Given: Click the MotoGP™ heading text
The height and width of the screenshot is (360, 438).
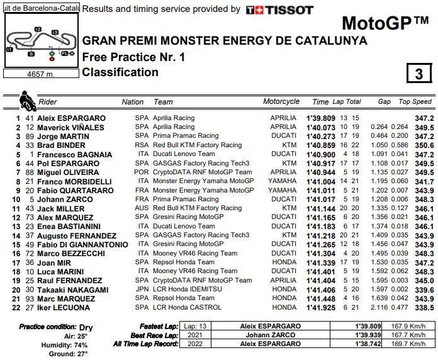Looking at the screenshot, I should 385,24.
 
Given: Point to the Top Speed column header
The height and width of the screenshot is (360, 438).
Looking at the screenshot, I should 415,101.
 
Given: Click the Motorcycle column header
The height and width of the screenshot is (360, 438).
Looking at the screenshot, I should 281,101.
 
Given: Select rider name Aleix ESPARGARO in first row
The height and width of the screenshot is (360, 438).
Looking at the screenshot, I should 71,118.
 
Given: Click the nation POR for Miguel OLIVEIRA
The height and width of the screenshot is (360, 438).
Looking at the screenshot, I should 142,172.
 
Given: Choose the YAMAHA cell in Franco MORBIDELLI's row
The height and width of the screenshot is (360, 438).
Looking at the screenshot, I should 282,181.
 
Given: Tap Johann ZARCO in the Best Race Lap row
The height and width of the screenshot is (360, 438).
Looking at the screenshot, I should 267,335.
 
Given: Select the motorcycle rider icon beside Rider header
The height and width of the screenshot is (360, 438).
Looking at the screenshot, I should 28,101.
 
